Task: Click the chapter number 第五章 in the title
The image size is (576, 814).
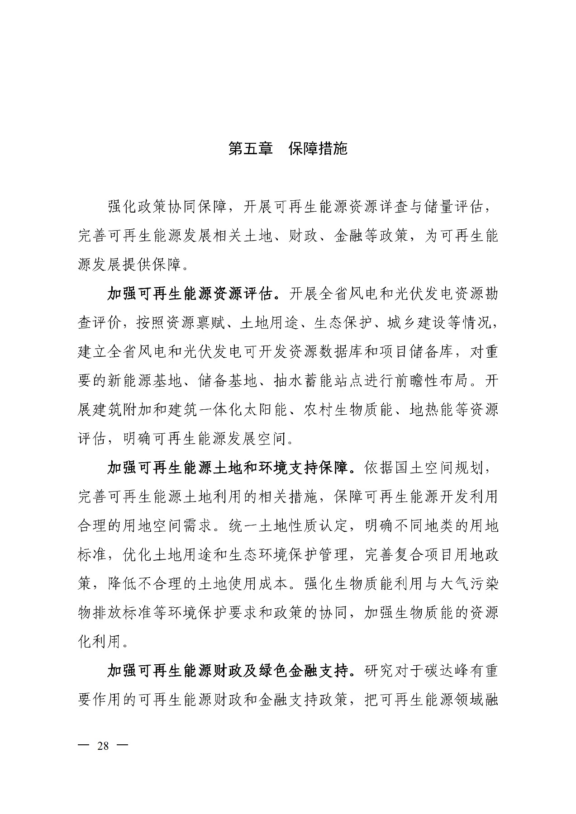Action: tap(250, 148)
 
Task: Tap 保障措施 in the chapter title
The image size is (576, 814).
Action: tap(318, 148)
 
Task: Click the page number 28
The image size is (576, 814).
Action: tap(103, 746)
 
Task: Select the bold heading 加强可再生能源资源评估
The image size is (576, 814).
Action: tap(190, 294)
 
